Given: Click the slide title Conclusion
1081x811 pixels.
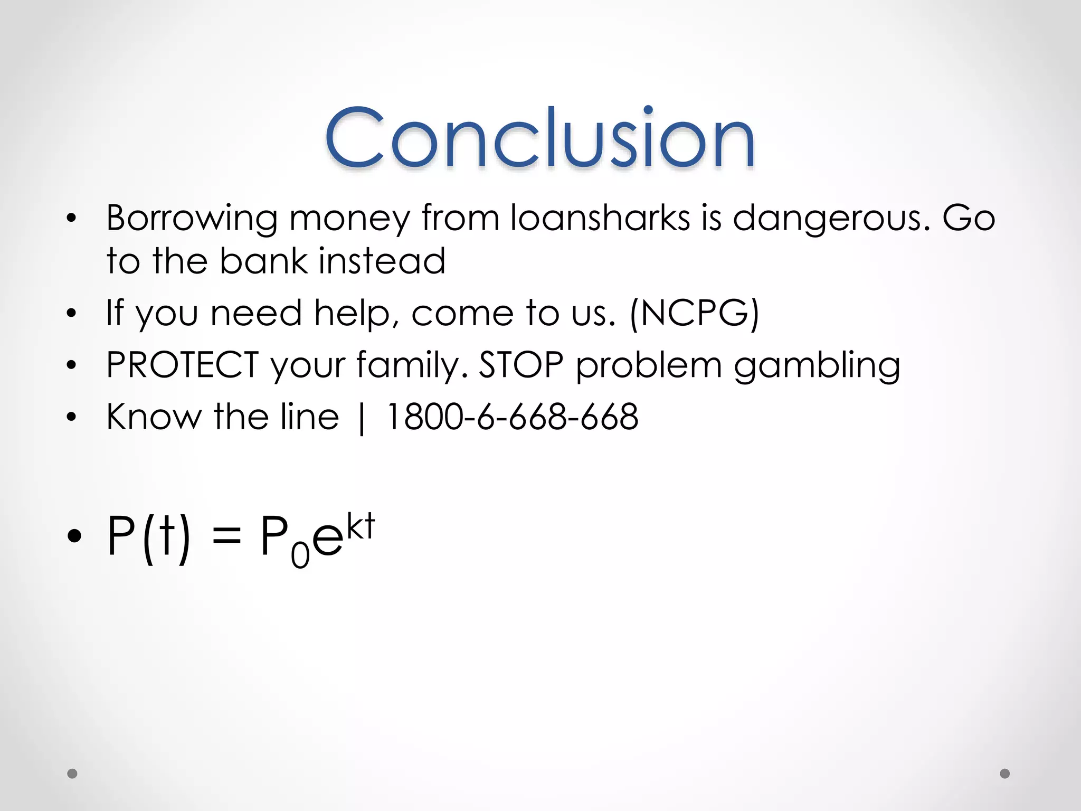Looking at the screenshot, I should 539,138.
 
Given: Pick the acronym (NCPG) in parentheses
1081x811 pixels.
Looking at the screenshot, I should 694,313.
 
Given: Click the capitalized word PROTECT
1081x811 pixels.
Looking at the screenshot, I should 182,365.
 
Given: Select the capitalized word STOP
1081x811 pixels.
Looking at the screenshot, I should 521,365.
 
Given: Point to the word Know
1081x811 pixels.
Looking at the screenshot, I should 154,417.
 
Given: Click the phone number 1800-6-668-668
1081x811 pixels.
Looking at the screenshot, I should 512,417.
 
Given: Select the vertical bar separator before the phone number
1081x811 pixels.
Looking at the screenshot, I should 362,418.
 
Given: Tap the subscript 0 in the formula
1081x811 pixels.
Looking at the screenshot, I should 300,555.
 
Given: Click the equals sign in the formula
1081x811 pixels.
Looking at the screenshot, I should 226,537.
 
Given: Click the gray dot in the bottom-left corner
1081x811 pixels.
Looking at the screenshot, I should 72,774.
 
